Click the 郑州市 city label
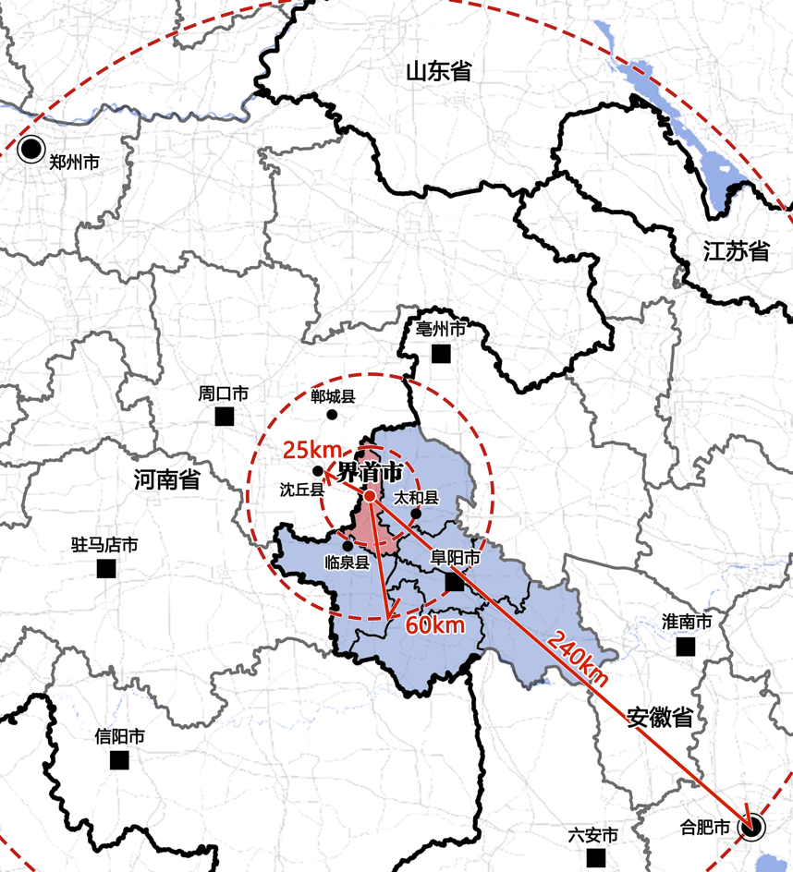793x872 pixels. pyautogui.click(x=75, y=163)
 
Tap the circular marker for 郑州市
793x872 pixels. pyautogui.click(x=32, y=148)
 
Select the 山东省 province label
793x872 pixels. pyautogui.click(x=439, y=70)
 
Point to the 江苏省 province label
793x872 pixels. pyautogui.click(x=736, y=250)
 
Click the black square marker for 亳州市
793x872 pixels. pyautogui.click(x=441, y=353)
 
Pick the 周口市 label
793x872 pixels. pyautogui.click(x=223, y=394)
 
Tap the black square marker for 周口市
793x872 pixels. pyautogui.click(x=224, y=417)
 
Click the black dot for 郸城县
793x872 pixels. pyautogui.click(x=332, y=414)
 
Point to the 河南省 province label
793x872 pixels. pyautogui.click(x=166, y=479)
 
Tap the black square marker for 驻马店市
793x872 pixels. pyautogui.click(x=106, y=568)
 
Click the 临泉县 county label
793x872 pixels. pyautogui.click(x=348, y=562)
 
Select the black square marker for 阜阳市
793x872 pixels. pyautogui.click(x=454, y=582)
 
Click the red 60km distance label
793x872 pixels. pyautogui.click(x=434, y=625)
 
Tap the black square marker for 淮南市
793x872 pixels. pyautogui.click(x=685, y=647)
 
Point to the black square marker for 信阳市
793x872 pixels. pyautogui.click(x=119, y=759)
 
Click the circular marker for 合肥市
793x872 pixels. pyautogui.click(x=752, y=827)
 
